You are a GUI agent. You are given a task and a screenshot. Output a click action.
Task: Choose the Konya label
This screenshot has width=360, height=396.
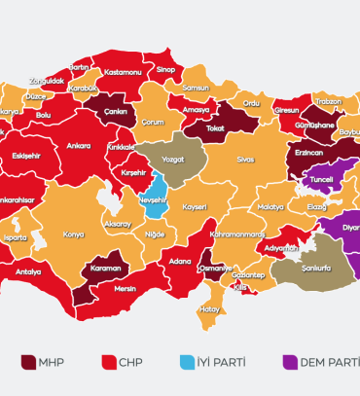(x=73, y=234)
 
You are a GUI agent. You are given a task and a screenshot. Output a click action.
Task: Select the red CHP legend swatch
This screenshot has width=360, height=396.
(x=108, y=363)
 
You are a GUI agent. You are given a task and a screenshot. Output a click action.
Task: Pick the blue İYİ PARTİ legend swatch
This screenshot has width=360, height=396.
(x=189, y=363)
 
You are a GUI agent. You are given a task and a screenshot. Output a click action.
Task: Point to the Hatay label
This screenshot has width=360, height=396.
(x=210, y=309)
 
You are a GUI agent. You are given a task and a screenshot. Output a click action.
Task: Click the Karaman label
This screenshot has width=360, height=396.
(x=104, y=267)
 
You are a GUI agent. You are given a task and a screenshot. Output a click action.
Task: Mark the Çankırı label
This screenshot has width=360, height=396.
(x=117, y=110)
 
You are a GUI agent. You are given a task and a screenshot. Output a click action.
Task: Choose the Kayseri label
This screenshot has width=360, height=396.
(x=195, y=207)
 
